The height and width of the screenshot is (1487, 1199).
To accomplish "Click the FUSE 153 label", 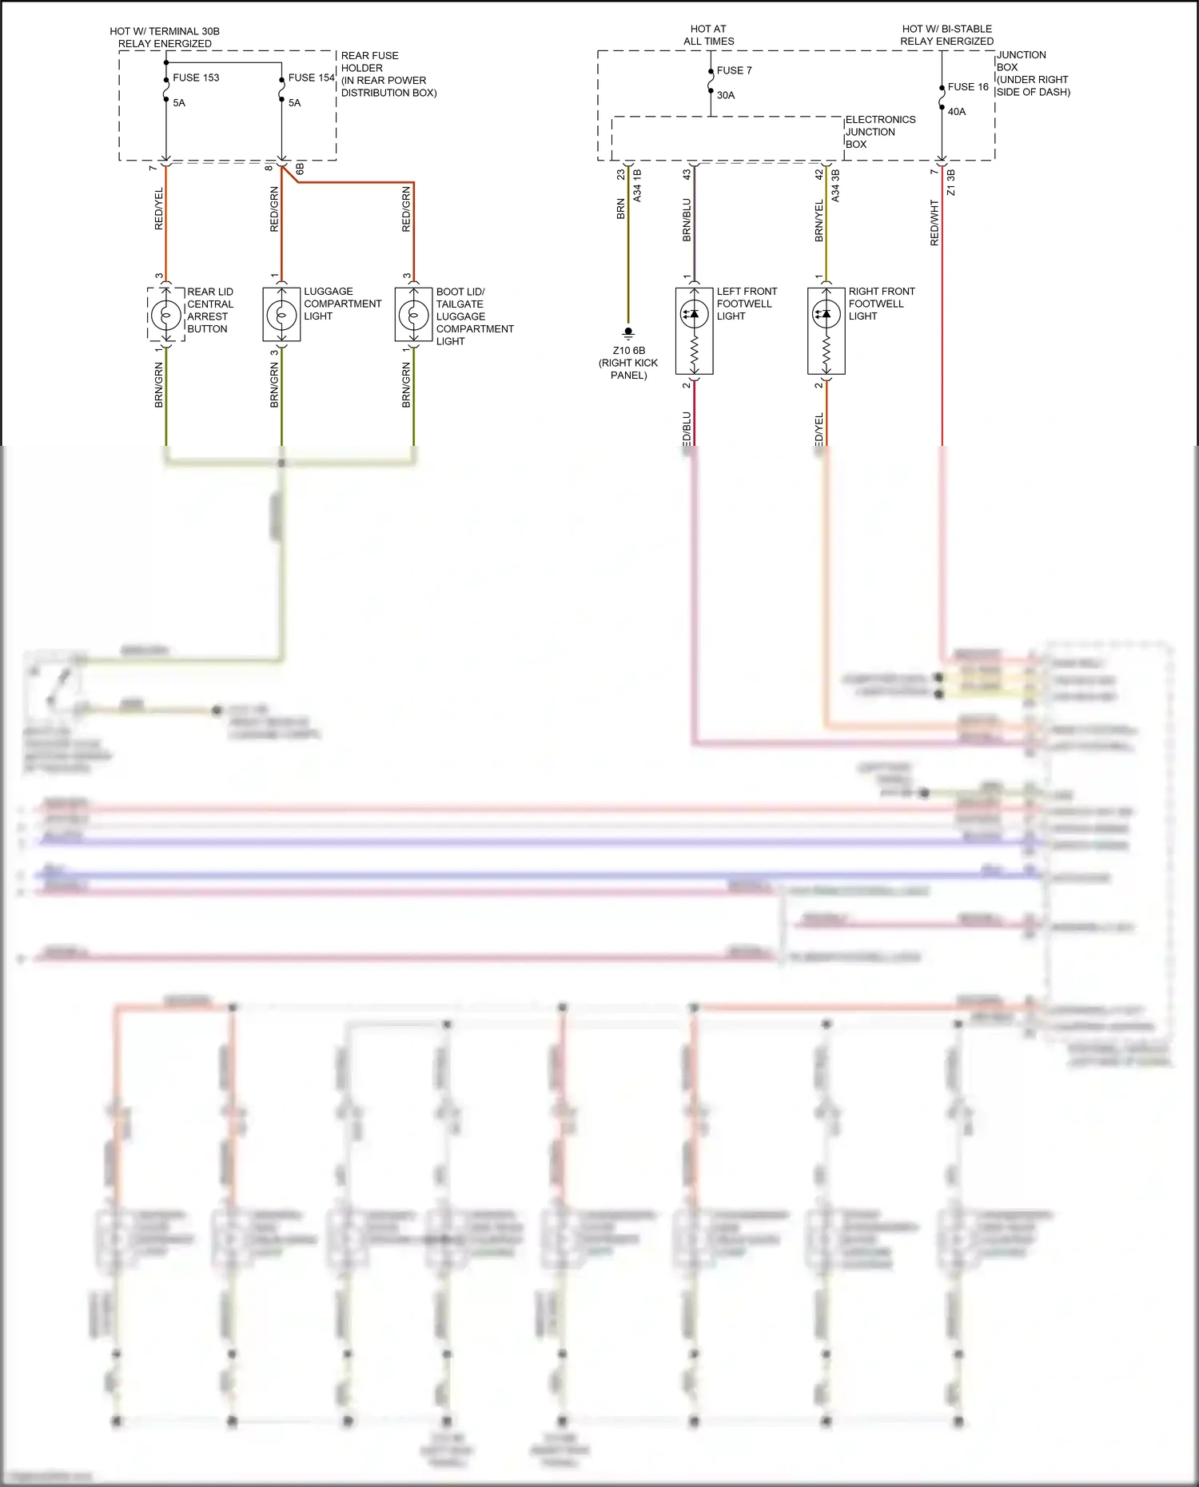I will point(196,78).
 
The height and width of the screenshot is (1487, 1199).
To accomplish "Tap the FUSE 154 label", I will point(311,78).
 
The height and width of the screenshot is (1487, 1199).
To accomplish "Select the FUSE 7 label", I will point(734,70).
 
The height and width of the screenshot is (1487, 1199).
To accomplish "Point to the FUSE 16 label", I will point(968,86).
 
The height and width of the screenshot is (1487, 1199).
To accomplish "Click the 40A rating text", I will point(957,112).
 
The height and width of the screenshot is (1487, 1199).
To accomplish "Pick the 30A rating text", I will point(726,95).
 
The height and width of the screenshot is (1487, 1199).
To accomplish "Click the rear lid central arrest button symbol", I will point(166,315).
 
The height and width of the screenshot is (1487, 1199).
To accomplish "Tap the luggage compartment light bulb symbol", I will point(281,315).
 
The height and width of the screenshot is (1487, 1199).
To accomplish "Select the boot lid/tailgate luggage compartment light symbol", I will point(413,315).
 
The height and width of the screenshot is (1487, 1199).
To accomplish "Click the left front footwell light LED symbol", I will point(694,314).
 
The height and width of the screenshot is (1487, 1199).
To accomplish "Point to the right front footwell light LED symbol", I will point(826,314).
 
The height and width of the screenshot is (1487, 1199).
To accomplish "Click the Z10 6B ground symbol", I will point(628,332).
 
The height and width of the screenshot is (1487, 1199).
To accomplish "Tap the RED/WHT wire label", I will point(934,223).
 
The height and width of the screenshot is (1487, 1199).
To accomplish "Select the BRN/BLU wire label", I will point(687,220).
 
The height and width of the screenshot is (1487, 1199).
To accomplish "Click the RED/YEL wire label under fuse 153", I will point(158,209).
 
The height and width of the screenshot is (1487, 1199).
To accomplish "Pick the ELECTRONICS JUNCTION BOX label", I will point(880,132).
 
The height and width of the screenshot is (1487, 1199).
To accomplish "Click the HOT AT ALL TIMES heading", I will point(708,35).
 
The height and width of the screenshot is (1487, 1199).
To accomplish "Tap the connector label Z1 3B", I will point(950,182).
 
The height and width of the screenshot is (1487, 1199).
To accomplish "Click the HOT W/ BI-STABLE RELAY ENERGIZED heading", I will point(946,35).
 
